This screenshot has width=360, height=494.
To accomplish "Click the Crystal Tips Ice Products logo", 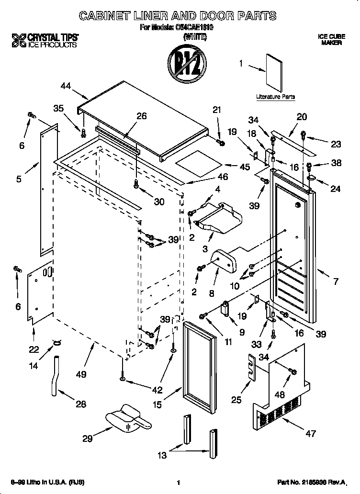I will click(45, 40).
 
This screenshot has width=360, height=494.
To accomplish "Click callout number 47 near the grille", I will click(311, 434).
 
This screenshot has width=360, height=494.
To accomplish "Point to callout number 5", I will click(19, 180).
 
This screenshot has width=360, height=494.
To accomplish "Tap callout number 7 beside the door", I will click(336, 281).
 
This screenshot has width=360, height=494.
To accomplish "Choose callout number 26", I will click(141, 116).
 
